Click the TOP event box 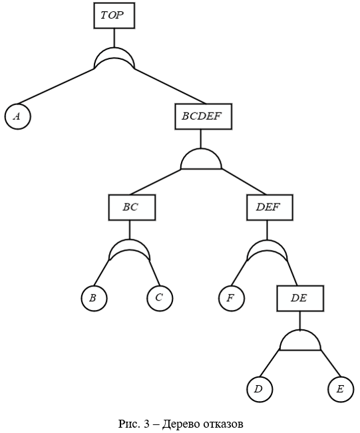click(114, 15)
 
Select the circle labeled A click(18, 116)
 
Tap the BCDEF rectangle click(204, 116)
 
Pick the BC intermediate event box click(132, 208)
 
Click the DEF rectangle click(270, 208)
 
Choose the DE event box click(300, 298)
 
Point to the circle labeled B click(94, 298)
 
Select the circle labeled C click(160, 298)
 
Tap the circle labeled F click(232, 298)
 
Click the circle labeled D click(260, 389)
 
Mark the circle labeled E click(341, 389)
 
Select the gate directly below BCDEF click(201, 159)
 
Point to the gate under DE click(300, 341)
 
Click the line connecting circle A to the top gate click(55, 86)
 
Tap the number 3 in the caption click(146, 423)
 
